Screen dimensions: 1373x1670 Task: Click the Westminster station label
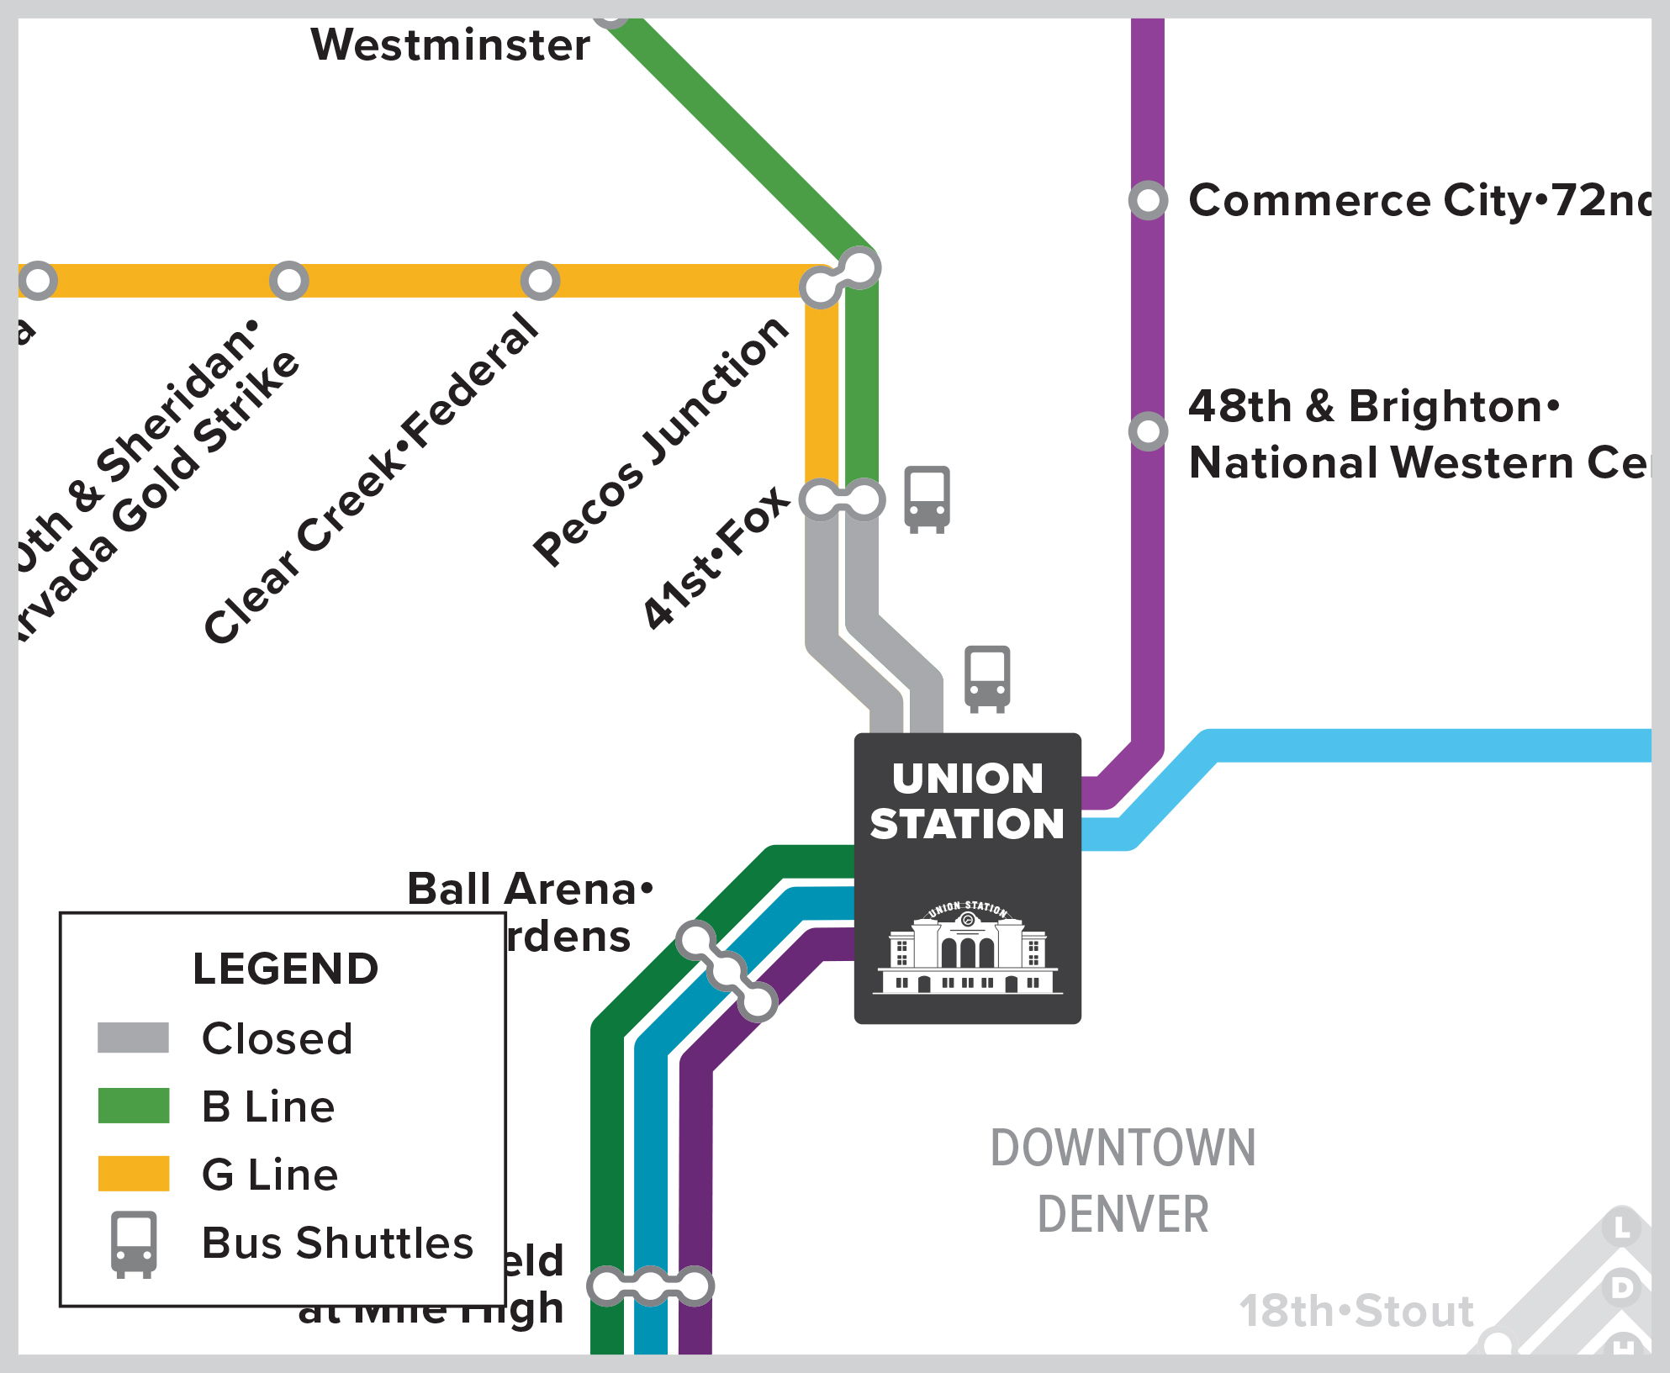pos(450,45)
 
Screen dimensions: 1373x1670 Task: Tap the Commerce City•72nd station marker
pos(1148,201)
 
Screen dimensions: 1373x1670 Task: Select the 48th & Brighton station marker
pos(1148,431)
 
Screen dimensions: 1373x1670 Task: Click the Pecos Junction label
pos(661,441)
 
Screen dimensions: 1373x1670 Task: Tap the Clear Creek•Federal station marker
pos(540,281)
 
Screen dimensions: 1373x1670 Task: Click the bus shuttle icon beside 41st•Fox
pos(927,499)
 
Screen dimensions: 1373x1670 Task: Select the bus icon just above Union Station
pos(987,679)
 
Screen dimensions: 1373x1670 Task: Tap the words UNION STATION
pos(967,801)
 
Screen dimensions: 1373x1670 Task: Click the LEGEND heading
pos(285,969)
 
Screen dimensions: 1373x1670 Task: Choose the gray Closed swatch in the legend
pos(133,1038)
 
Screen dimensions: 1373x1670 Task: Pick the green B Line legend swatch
pos(133,1106)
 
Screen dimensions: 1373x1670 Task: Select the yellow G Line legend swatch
pos(133,1174)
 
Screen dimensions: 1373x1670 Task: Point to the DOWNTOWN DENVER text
pos(1123,1180)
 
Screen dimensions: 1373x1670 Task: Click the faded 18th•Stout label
pos(1356,1311)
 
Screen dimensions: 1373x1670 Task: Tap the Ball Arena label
pos(530,890)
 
